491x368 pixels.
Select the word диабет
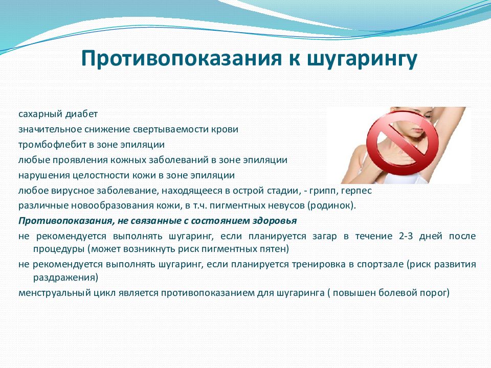[82, 114]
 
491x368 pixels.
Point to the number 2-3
[406, 236]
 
